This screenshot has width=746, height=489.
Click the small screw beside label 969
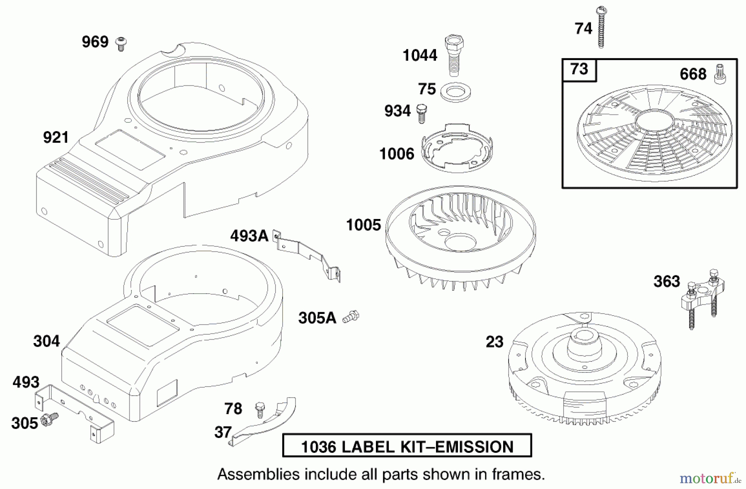pos(121,44)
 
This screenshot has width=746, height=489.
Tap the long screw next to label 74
pos(601,27)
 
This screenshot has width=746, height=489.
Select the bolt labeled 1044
pos(454,56)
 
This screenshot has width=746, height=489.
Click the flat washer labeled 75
pos(455,92)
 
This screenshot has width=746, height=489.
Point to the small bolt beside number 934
pos(421,113)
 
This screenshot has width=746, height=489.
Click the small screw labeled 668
pos(720,75)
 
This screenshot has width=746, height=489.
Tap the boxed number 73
pos(579,69)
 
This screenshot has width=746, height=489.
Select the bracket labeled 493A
pos(307,257)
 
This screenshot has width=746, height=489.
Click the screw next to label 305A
pos(351,317)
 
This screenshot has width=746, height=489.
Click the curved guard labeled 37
pos(263,422)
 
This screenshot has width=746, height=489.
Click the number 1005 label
pos(363,225)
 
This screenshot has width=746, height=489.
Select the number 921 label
pos(56,137)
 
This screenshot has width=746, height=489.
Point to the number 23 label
pos(494,342)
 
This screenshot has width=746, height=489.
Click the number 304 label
pos(47,341)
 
